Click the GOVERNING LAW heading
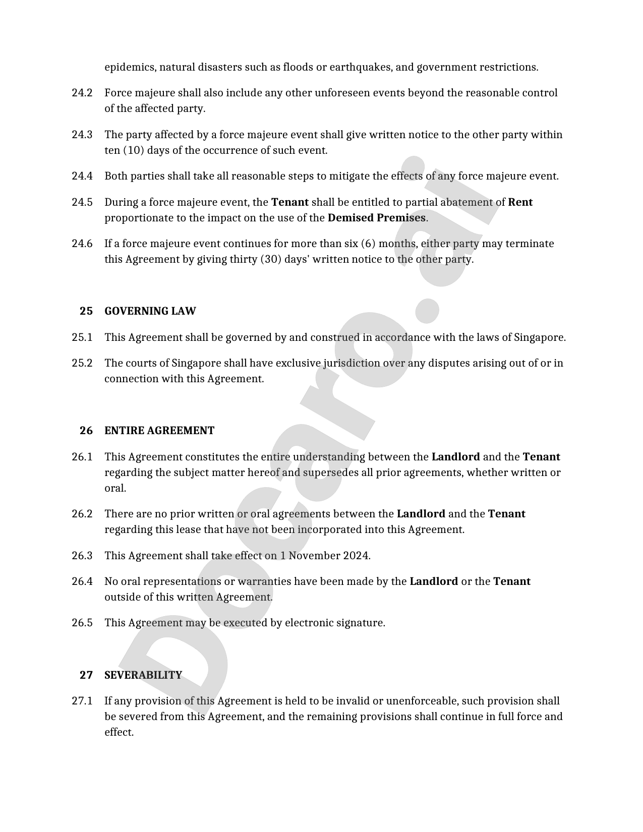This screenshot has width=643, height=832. coord(150,311)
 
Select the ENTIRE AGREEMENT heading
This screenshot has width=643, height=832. coord(159,431)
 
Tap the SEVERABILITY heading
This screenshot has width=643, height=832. coord(143,675)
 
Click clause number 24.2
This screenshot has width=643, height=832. coord(82,93)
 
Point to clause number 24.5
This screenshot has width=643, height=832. coord(82,202)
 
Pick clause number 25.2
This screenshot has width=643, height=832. coord(82,363)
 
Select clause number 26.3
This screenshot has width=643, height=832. coord(82,556)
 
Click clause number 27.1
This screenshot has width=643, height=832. coord(82,701)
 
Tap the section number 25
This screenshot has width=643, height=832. coord(86,311)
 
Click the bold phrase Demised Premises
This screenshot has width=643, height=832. coord(376,218)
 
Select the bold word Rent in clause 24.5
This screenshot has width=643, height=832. coord(520,202)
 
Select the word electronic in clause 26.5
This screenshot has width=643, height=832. coord(308,623)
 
